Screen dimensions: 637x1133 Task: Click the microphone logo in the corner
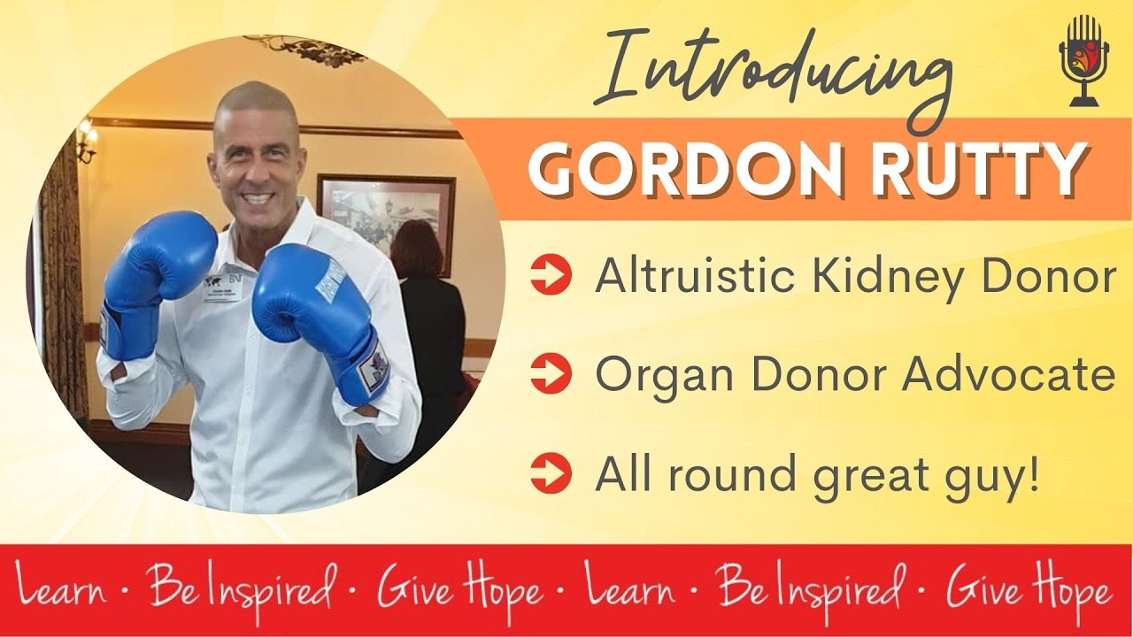[x=1083, y=59]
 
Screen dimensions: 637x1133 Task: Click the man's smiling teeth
[x=254, y=197]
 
